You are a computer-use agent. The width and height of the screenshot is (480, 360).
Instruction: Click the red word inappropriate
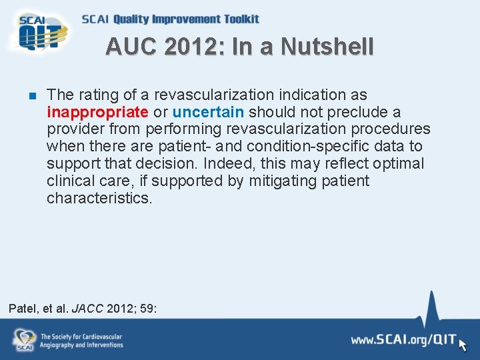coord(97,112)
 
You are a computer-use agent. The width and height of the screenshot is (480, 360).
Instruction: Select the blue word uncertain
coord(208,112)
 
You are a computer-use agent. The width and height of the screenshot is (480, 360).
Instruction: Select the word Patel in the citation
coord(23,309)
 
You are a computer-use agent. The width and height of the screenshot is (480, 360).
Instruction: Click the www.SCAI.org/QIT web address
coord(403,340)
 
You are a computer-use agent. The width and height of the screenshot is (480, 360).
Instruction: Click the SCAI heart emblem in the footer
coord(25,339)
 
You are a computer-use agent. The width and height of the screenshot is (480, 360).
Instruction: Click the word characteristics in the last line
coord(99,199)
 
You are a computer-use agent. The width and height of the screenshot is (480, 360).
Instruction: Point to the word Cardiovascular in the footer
coord(101,337)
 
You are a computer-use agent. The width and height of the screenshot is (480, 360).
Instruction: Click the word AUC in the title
coord(131,47)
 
